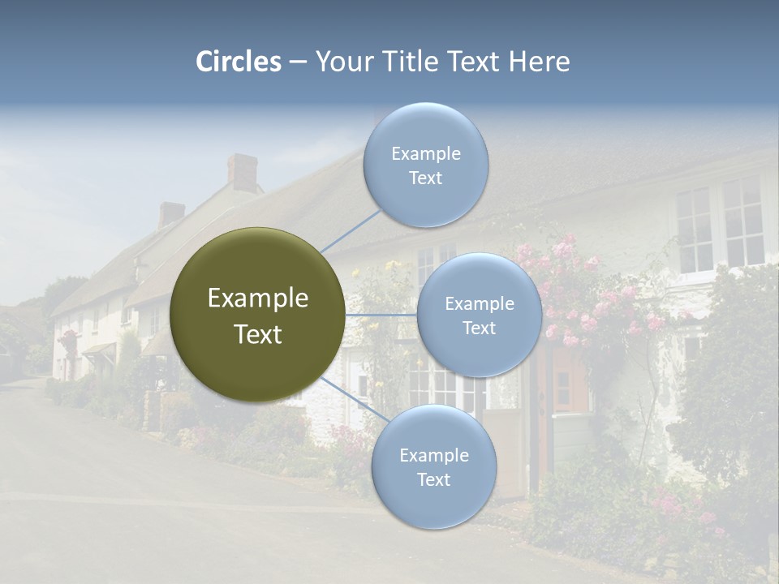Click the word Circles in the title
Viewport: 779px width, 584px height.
tap(239, 62)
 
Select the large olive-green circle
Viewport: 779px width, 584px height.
tap(258, 315)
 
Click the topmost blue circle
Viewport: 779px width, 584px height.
tap(425, 166)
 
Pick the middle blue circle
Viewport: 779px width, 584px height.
tap(480, 316)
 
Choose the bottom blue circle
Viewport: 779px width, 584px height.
tap(433, 467)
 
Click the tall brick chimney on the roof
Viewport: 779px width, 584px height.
tap(242, 172)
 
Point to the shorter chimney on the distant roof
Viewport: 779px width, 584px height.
tap(171, 214)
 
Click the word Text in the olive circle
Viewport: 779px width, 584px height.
tap(258, 334)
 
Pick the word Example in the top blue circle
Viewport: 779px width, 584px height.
tap(426, 154)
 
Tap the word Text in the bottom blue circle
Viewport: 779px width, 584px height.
tap(433, 479)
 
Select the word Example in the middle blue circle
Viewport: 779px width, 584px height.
tap(480, 304)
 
